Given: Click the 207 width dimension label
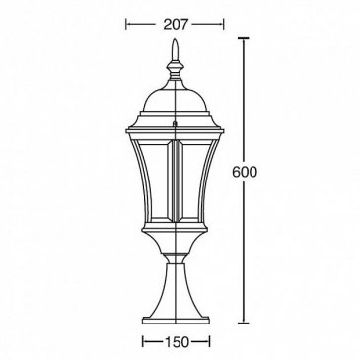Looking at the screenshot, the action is tap(175, 24).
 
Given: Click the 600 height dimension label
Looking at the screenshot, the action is tap(244, 172).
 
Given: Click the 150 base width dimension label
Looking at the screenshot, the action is tap(177, 342).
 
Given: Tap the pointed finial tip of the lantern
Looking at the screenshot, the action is tap(176, 39).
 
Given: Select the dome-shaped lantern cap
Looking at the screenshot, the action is tap(175, 100).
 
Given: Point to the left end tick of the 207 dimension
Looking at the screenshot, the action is tap(126, 24).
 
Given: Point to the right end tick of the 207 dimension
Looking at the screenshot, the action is tap(224, 24).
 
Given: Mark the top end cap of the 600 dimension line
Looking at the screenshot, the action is tap(244, 38).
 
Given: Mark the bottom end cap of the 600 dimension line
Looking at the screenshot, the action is tap(244, 323).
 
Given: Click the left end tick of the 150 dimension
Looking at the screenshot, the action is tap(143, 342).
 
